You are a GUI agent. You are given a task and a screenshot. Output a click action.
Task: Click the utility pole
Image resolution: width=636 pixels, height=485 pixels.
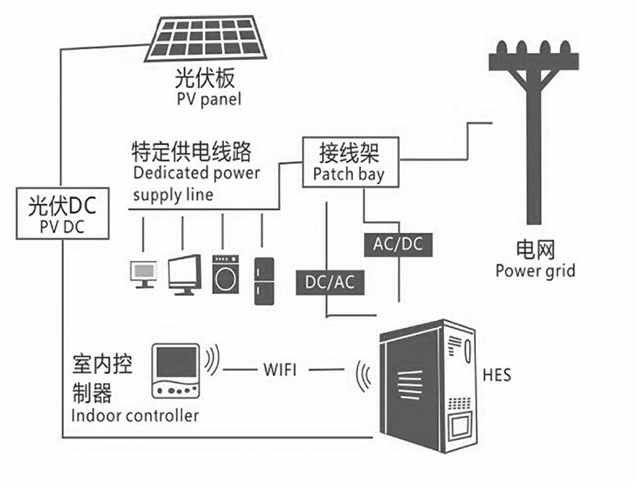[x=535, y=127]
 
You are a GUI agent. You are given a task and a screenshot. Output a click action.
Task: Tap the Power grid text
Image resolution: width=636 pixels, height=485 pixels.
[x=535, y=271]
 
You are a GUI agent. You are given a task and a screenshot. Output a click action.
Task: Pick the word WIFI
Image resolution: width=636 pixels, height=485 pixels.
[x=280, y=369]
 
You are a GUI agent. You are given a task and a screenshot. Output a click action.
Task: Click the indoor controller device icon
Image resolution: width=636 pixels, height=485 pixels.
[x=176, y=371]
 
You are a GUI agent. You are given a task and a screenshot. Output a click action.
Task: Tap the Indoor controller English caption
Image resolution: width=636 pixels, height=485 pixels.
[x=135, y=416]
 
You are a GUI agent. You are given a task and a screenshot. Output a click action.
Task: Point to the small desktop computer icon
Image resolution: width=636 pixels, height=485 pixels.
[x=144, y=273]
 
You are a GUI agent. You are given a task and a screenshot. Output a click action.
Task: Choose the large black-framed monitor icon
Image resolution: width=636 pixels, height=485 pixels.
[x=185, y=274]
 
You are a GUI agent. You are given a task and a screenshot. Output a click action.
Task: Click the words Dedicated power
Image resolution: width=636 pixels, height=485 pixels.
[x=197, y=173]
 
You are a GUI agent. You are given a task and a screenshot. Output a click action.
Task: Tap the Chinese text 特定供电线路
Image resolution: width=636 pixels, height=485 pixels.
[x=191, y=152]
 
